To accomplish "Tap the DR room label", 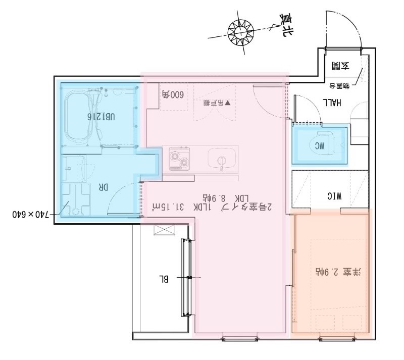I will pyautogui.click(x=103, y=187).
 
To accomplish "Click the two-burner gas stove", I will pyautogui.click(x=179, y=158).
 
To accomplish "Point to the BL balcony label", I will pyautogui.click(x=165, y=278).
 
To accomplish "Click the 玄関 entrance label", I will pyautogui.click(x=340, y=66).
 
